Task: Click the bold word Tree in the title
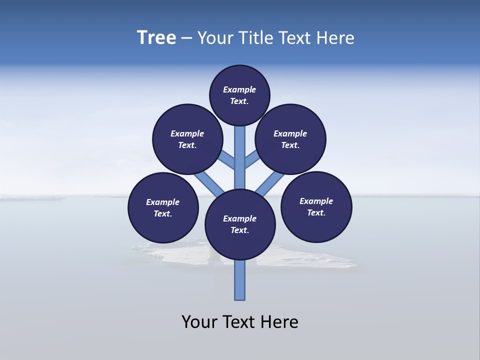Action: (x=156, y=38)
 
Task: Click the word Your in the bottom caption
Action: (x=199, y=322)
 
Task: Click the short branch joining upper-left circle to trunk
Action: (x=227, y=160)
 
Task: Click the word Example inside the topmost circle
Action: (x=239, y=90)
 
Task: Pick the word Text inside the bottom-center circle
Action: (x=239, y=230)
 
